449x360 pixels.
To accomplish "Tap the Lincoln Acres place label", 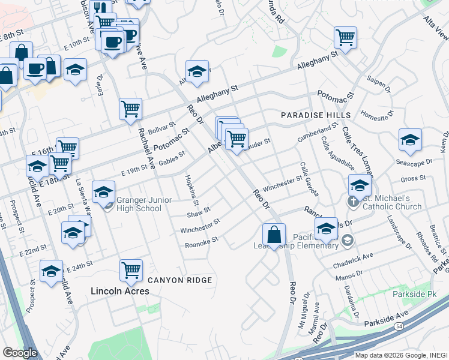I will [x=119, y=291].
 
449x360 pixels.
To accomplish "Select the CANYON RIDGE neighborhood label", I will [x=179, y=280].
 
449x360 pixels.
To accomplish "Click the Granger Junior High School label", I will [x=139, y=204].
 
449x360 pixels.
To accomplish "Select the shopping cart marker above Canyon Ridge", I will [x=130, y=269].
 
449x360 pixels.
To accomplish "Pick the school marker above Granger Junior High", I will [x=104, y=191].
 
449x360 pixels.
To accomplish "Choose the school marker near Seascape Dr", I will [x=410, y=140].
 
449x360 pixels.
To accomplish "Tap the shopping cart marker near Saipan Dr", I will [x=345, y=37].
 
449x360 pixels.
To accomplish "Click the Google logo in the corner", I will [x=19, y=353].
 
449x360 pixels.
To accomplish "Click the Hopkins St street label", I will [x=191, y=186].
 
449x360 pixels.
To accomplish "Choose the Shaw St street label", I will [x=199, y=212].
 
